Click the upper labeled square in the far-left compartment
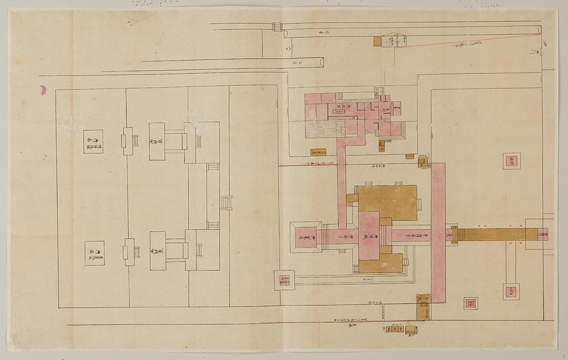click(x=93, y=141)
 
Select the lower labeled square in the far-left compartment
click(x=94, y=253)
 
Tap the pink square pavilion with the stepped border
click(x=306, y=237)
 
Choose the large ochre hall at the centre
click(x=388, y=203)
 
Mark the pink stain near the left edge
click(x=44, y=90)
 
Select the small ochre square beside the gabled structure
click(x=377, y=41)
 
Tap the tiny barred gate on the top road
click(x=276, y=27)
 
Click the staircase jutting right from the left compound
click(x=225, y=203)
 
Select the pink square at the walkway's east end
click(x=542, y=234)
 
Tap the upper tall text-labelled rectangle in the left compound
click(x=157, y=137)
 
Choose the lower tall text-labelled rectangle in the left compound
click(x=158, y=251)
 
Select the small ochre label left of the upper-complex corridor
click(x=318, y=152)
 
